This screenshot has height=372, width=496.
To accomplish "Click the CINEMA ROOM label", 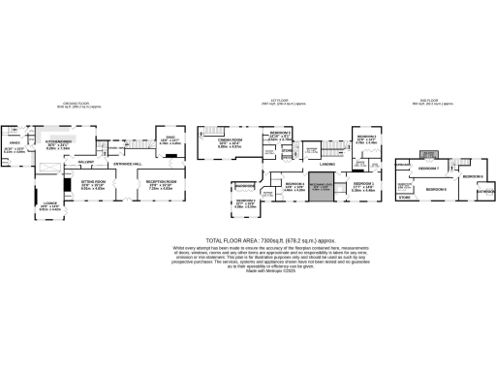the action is click(x=229, y=141).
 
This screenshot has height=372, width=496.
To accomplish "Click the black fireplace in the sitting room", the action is click(x=66, y=183).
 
